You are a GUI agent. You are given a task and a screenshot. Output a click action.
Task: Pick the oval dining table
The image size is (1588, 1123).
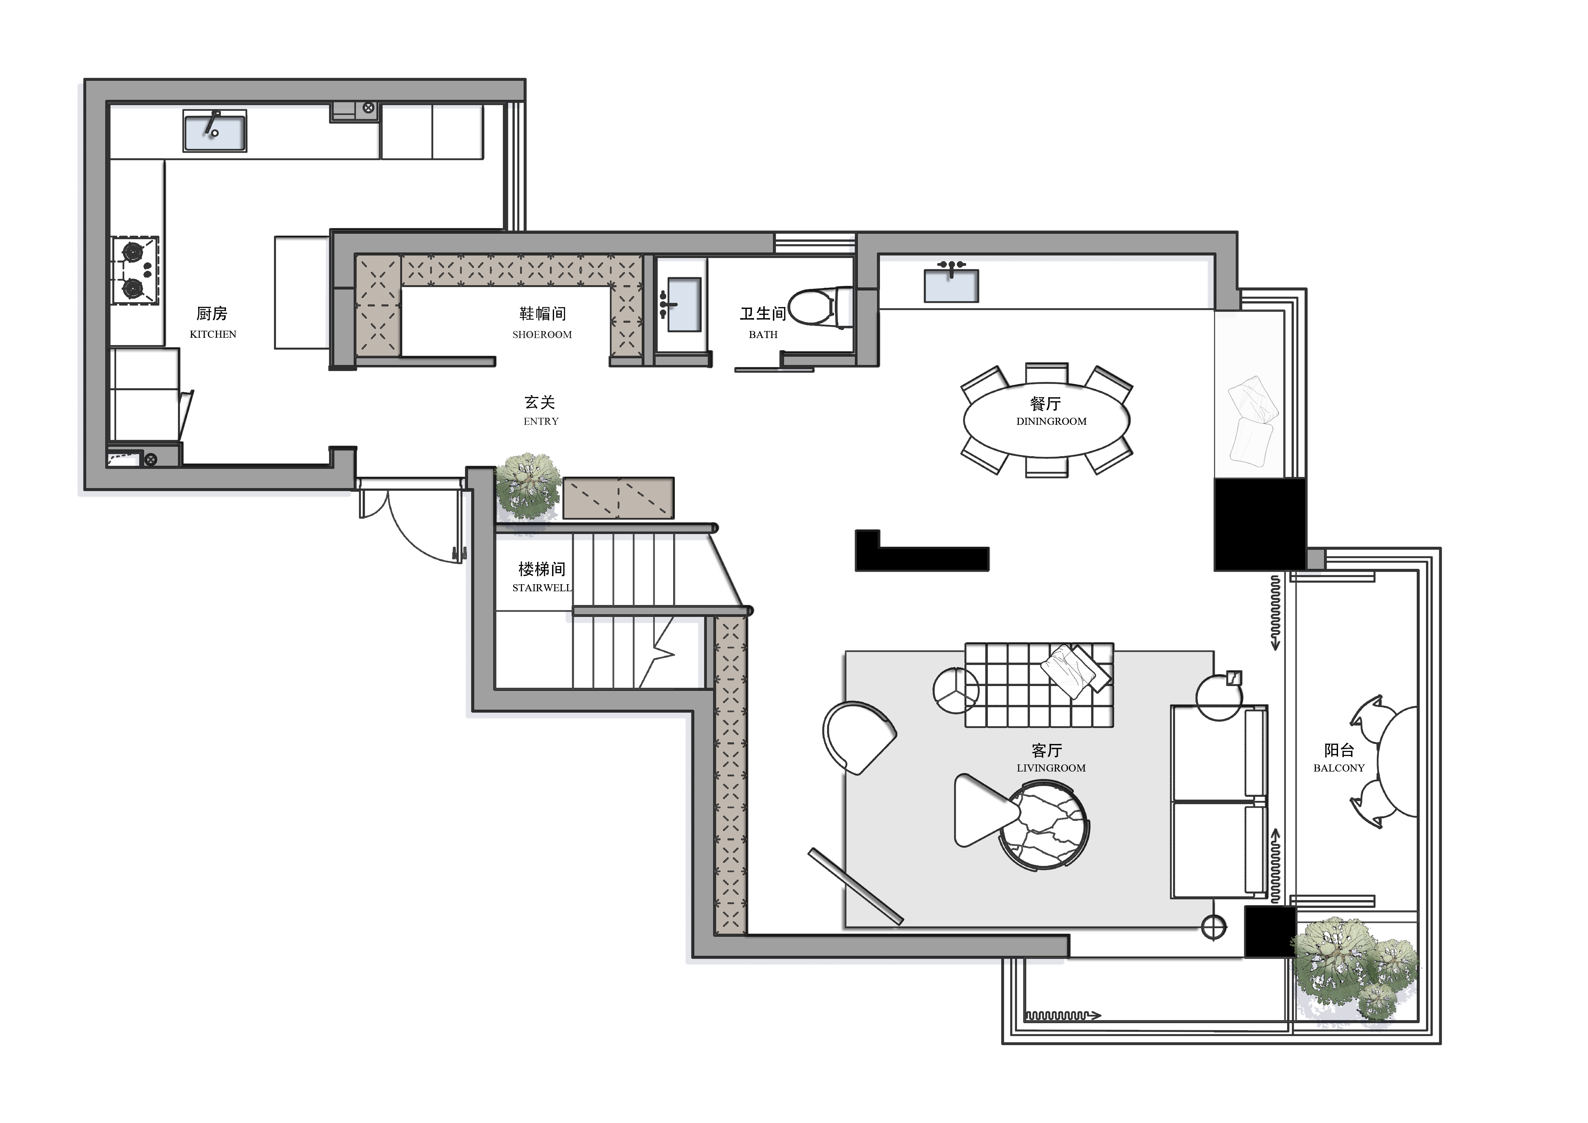(x=1046, y=420)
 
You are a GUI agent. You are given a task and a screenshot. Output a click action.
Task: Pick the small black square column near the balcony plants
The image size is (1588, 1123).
(x=1270, y=932)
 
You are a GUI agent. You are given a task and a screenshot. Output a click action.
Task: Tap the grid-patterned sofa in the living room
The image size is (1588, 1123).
(x=1039, y=684)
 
